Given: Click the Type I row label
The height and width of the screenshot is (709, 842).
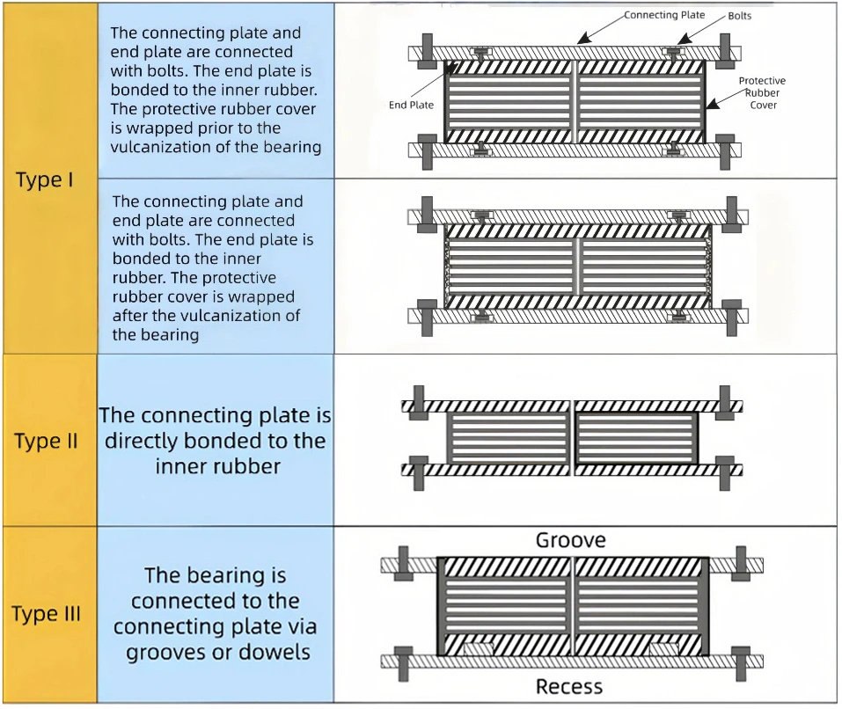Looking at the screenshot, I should point(45,180).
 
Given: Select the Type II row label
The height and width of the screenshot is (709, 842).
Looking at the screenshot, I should point(47,440).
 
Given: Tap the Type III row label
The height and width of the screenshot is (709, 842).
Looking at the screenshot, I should point(47,613).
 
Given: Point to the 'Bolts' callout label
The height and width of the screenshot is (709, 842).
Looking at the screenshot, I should point(739,16).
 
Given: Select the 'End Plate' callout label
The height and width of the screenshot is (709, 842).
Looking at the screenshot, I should point(411,106).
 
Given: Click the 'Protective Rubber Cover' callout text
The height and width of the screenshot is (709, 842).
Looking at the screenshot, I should point(762,92).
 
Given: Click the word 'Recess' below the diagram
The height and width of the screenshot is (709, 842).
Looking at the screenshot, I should point(569,687).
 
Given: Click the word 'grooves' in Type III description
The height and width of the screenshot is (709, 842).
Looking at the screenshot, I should point(164,652).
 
